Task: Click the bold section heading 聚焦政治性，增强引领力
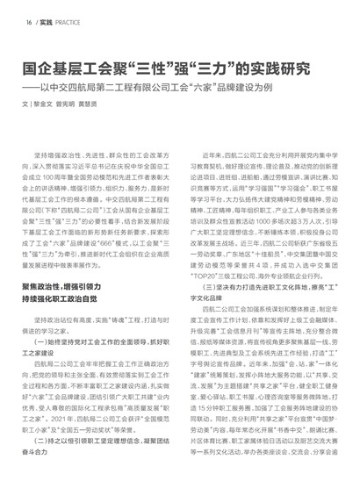pos(75,287)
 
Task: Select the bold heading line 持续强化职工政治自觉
pos(69,300)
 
